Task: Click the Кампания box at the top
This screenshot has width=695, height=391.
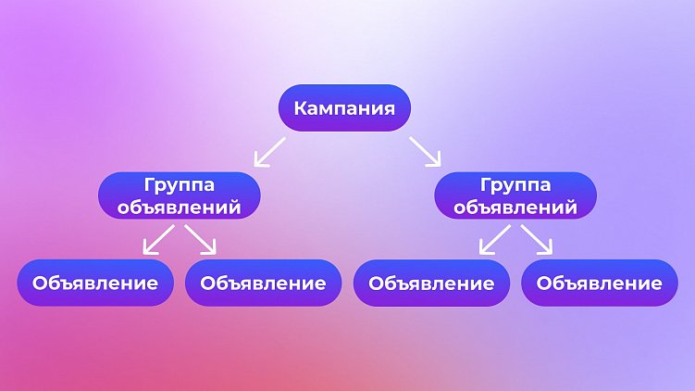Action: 344,108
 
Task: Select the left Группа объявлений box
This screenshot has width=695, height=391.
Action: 180,195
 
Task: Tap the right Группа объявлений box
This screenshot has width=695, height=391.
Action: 515,195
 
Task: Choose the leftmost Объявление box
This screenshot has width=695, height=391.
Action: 95,283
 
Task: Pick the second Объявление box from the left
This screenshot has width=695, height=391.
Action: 263,283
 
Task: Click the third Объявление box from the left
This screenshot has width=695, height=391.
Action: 431,283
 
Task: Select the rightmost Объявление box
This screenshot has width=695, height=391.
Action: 600,283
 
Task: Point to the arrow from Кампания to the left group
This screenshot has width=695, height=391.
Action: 270,151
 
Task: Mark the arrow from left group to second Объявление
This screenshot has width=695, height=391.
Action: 201,239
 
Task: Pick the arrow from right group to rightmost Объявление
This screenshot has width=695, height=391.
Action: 538,239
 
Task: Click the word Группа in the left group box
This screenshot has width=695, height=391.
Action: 180,185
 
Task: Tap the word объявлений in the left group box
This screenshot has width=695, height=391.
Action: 180,207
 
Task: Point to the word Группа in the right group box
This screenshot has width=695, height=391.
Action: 515,185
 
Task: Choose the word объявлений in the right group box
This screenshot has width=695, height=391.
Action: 515,207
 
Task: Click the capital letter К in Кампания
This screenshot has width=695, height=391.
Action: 301,108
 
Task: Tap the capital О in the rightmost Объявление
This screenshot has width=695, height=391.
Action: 545,283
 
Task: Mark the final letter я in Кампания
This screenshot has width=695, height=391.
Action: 390,108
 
